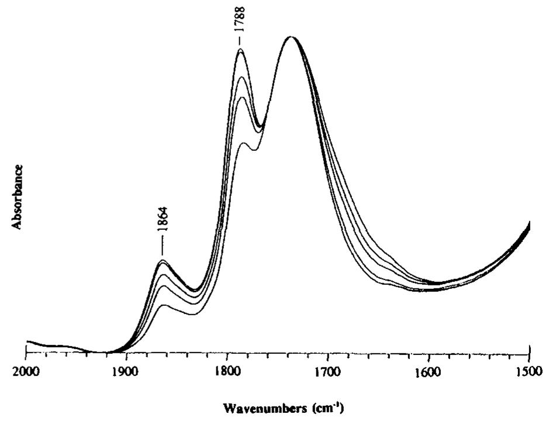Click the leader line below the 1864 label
[x=162, y=248]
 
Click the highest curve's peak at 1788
[x=240, y=50]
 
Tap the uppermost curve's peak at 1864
[x=162, y=260]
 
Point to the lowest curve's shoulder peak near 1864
[x=164, y=305]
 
